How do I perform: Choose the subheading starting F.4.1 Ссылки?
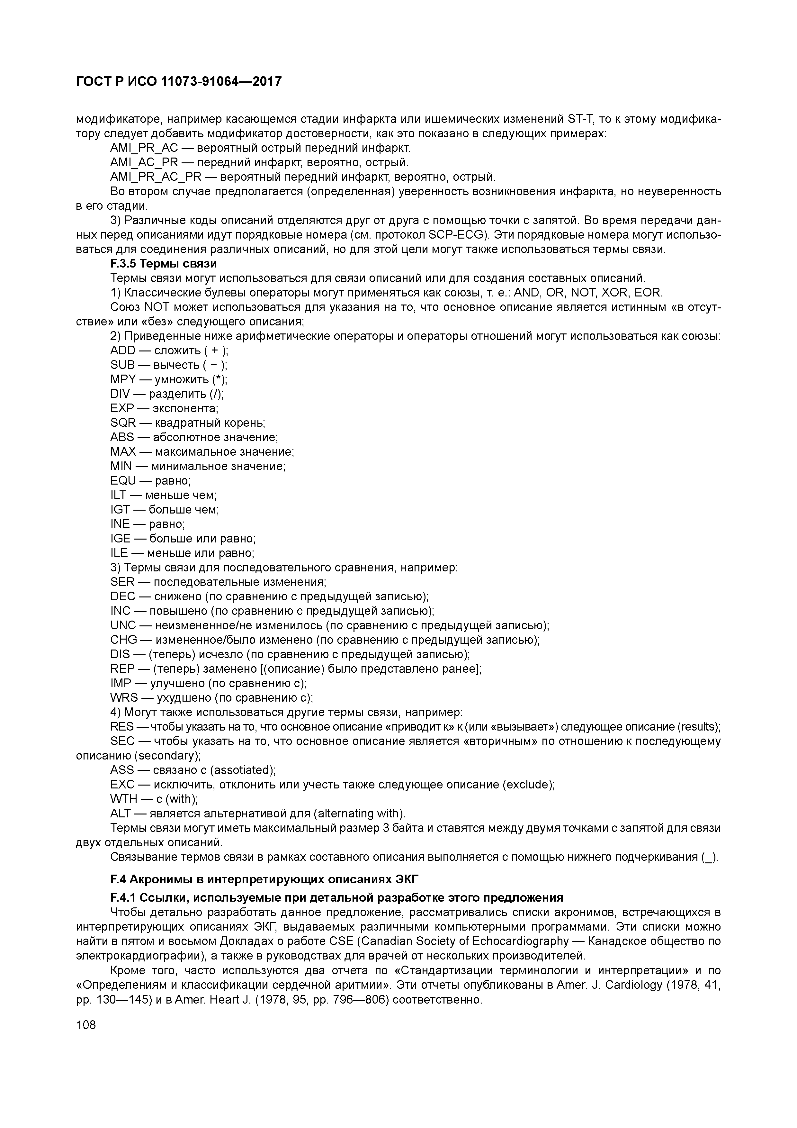point(336,898)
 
